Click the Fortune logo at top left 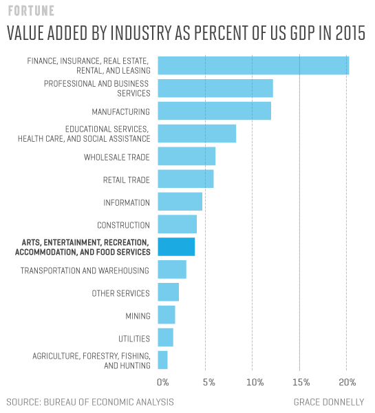pyautogui.click(x=30, y=12)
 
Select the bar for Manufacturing pyautogui.click(x=214, y=111)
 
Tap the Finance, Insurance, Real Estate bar pyautogui.click(x=253, y=65)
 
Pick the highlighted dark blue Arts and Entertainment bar pyautogui.click(x=176, y=246)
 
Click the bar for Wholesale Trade pyautogui.click(x=186, y=156)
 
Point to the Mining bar pyautogui.click(x=167, y=315)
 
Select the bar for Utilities pyautogui.click(x=165, y=337)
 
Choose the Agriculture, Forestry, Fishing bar pyautogui.click(x=162, y=360)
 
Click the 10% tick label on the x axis pyautogui.click(x=254, y=382)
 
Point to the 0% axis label pyautogui.click(x=163, y=382)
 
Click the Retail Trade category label pyautogui.click(x=126, y=180)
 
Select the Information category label pyautogui.click(x=127, y=202)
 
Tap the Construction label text pyautogui.click(x=123, y=225)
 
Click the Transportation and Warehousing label pyautogui.click(x=85, y=271)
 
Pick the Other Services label pyautogui.click(x=120, y=293)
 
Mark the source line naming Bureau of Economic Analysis pyautogui.click(x=89, y=401)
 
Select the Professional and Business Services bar pyautogui.click(x=215, y=88)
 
